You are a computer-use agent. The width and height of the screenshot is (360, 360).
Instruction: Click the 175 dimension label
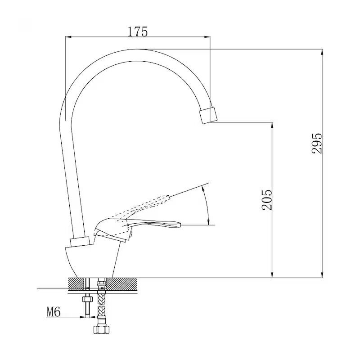pos(138,31)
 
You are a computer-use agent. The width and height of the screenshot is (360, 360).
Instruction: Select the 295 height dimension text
pos(317,143)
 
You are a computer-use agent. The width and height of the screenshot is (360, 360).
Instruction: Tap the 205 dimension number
pos(266,200)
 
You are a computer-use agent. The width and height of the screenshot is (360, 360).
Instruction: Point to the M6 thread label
pos(54,312)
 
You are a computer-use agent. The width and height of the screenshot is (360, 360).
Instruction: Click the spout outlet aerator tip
pos(208,115)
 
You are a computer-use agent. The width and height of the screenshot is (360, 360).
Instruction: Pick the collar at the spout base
pos(80,242)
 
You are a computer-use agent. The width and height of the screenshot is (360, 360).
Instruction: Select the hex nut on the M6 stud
pos(87,299)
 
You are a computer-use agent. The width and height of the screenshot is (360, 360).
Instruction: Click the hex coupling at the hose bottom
pos(101,328)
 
